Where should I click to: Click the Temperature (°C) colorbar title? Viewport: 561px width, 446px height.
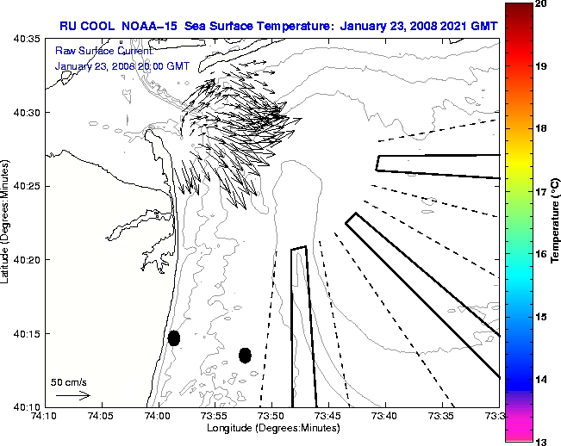click(557, 223)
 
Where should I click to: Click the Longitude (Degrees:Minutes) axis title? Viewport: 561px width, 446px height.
click(272, 429)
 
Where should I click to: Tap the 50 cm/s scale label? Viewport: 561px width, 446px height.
click(69, 381)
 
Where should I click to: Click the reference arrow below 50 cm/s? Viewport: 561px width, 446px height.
click(72, 395)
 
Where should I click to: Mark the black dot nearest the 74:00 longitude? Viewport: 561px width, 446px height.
click(174, 338)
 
